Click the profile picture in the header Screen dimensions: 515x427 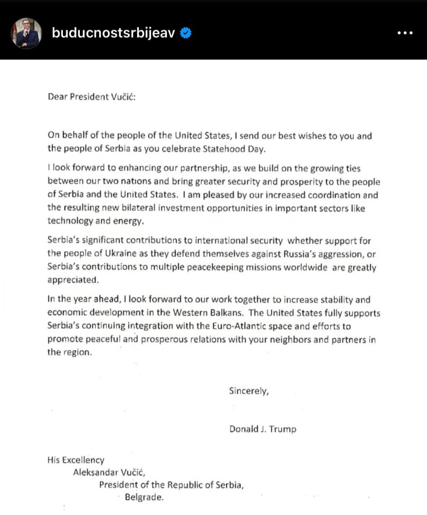point(26,33)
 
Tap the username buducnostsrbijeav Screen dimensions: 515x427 point(113,33)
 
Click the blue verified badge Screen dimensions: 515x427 point(186,33)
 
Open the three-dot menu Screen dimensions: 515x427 point(405,33)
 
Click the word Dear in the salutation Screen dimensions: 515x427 point(57,97)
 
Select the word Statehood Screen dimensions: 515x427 point(224,149)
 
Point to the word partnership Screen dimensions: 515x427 point(204,168)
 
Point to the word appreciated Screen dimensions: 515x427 point(72,280)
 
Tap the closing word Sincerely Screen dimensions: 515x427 point(248,391)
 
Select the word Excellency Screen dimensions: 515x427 point(83,460)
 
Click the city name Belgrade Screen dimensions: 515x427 point(144,497)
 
